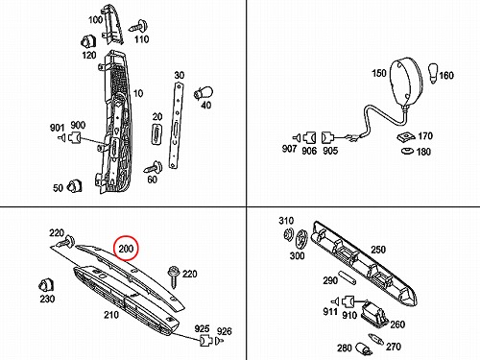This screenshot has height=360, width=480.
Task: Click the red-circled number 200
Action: point(126,249)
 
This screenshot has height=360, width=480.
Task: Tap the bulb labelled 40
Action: point(204,94)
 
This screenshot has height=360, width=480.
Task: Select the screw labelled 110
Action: point(138,26)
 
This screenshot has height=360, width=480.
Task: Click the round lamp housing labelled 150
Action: point(407,82)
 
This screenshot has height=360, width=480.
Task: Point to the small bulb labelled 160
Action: point(433,74)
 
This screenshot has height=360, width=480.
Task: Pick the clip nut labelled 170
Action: point(406,136)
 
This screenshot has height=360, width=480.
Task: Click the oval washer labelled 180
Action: point(408,151)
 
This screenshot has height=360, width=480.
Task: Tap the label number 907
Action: point(289,149)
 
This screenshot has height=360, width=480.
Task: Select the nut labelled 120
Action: point(88,42)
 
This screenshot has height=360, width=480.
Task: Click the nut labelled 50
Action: point(75,186)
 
